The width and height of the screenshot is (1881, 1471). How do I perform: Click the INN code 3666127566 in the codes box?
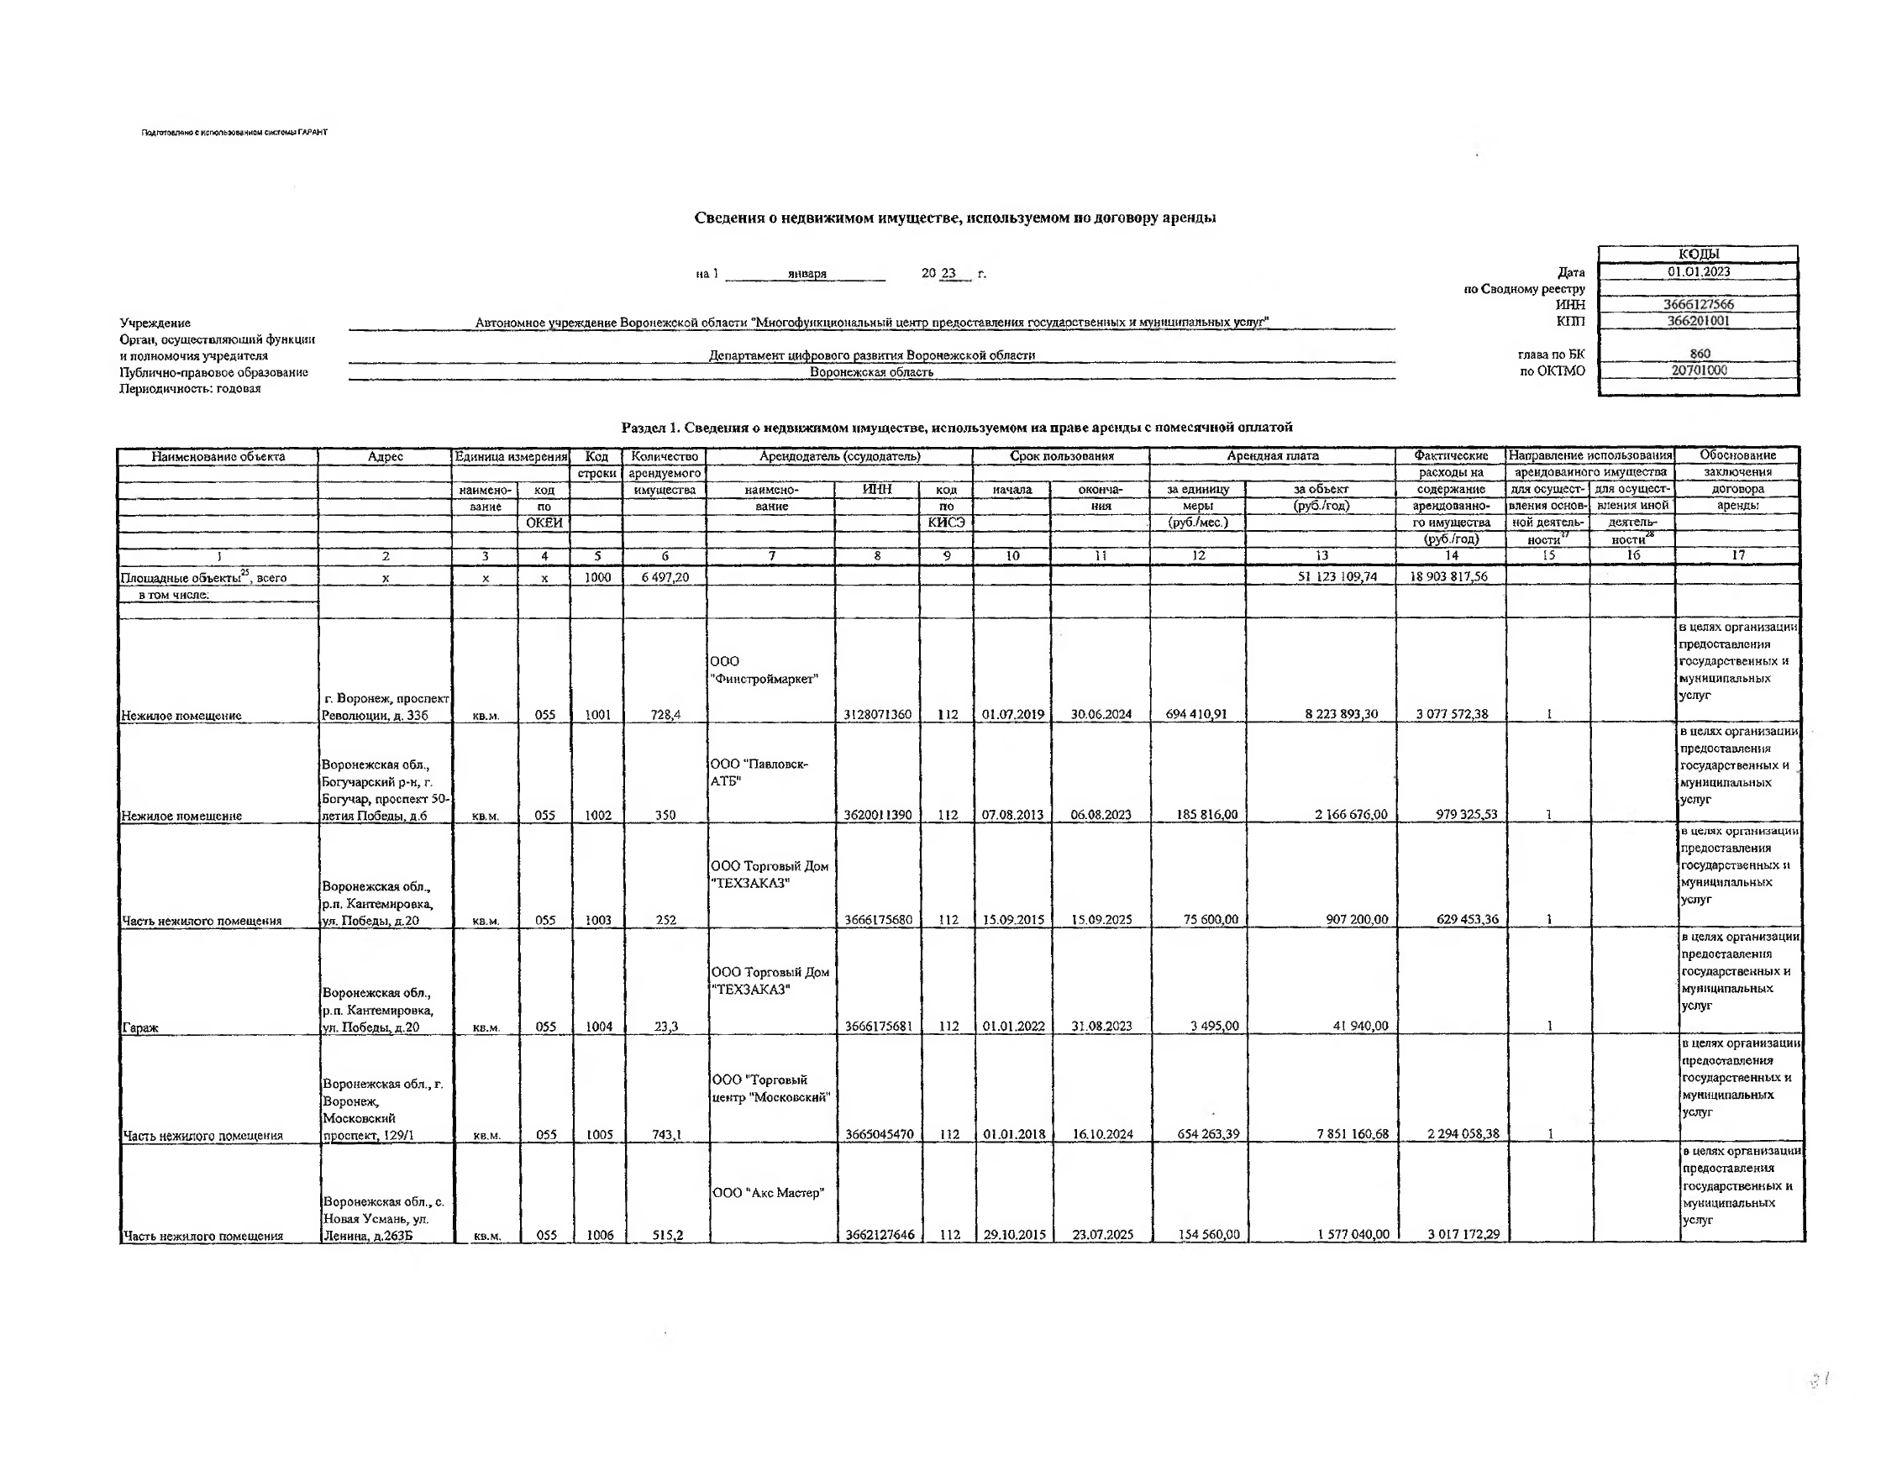(x=1699, y=304)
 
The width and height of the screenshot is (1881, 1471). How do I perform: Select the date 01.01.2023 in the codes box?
(x=1699, y=272)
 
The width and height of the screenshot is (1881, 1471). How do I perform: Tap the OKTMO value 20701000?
(x=1699, y=370)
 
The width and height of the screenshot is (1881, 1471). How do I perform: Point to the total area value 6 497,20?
(x=665, y=577)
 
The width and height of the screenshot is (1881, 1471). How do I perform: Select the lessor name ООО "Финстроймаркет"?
(x=763, y=670)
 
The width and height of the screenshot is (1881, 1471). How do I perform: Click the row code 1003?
(x=597, y=920)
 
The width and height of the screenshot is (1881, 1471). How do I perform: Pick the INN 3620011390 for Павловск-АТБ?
(x=878, y=815)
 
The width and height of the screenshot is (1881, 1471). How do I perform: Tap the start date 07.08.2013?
(x=1012, y=815)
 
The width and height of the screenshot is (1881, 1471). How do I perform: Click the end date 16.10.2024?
(x=1101, y=1134)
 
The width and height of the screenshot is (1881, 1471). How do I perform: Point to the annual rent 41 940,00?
(x=1360, y=1027)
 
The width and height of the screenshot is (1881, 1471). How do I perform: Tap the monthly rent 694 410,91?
(x=1198, y=714)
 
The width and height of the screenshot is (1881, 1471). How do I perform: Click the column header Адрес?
(x=385, y=456)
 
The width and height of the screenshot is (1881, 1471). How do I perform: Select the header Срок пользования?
(x=1061, y=456)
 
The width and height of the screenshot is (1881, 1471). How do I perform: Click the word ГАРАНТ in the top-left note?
(x=313, y=133)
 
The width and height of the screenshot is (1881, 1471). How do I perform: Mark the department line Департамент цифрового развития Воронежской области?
(x=871, y=355)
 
